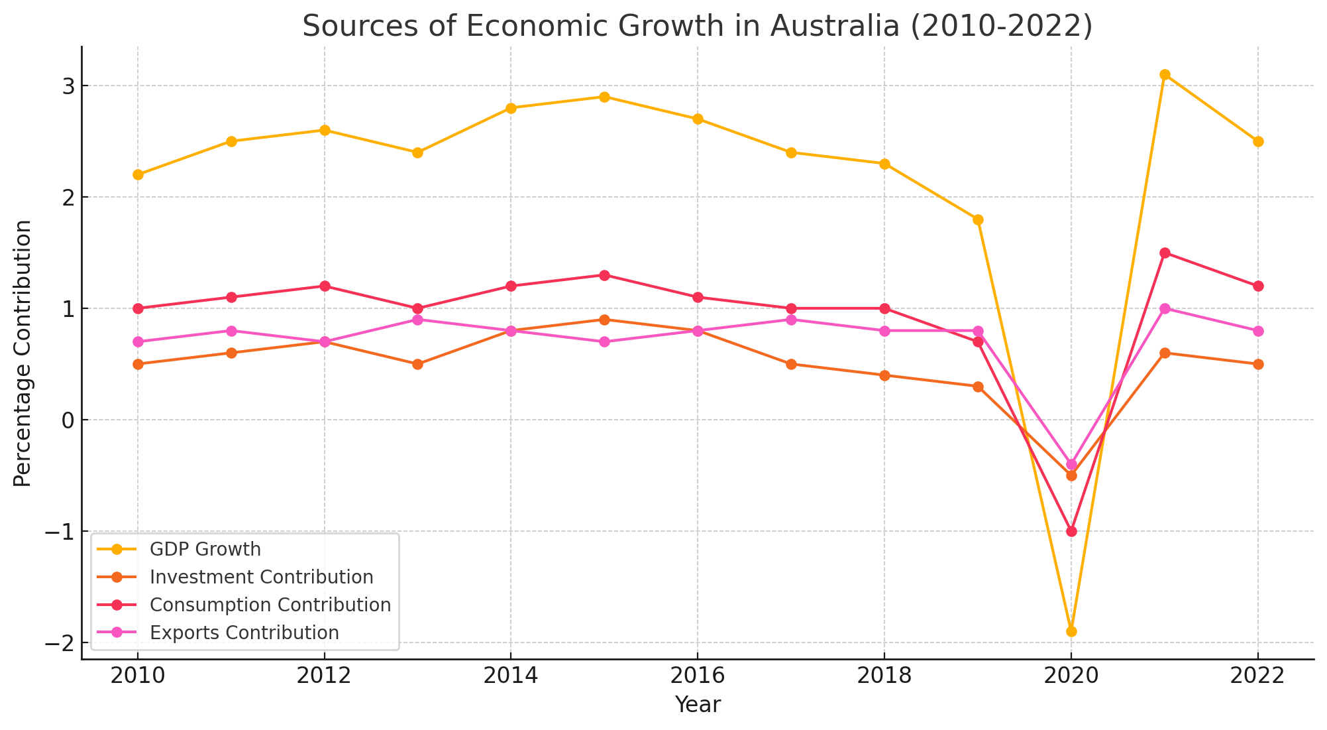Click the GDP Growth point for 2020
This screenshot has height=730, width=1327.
point(1071,631)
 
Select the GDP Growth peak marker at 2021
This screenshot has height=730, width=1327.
point(1165,74)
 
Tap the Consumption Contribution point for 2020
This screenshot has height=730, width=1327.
point(1071,531)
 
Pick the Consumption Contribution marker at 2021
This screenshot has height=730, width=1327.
point(1165,253)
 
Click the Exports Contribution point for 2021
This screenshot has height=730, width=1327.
point(1165,308)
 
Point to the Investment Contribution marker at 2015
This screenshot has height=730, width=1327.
point(604,320)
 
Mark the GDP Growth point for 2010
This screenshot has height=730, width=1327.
point(138,174)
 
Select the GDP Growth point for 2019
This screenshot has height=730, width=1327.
point(978,219)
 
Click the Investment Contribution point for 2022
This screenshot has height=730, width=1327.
point(1258,364)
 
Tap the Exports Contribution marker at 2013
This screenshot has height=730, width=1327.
point(417,320)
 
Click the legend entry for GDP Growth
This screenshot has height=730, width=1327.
point(205,550)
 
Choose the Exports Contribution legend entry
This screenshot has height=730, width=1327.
point(244,633)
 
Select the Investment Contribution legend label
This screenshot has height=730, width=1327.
point(262,578)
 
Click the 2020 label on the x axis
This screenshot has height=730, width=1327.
point(1071,678)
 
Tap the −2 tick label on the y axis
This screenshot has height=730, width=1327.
point(58,643)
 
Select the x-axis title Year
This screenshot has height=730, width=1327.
point(698,705)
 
